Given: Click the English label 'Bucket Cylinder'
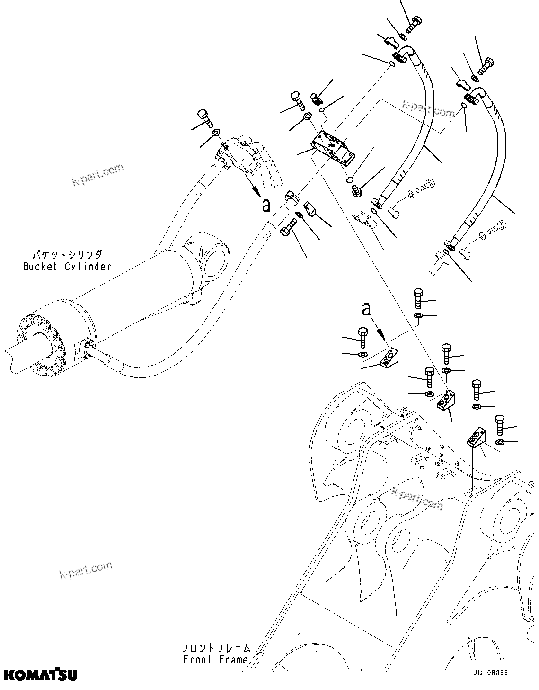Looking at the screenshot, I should (67, 267).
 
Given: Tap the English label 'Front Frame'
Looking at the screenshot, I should (215, 659).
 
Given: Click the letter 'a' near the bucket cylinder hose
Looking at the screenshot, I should (266, 205).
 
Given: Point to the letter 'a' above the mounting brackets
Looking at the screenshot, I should (366, 310).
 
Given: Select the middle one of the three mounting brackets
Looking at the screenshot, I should (446, 400).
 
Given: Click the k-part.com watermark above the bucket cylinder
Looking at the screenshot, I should (97, 174).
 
